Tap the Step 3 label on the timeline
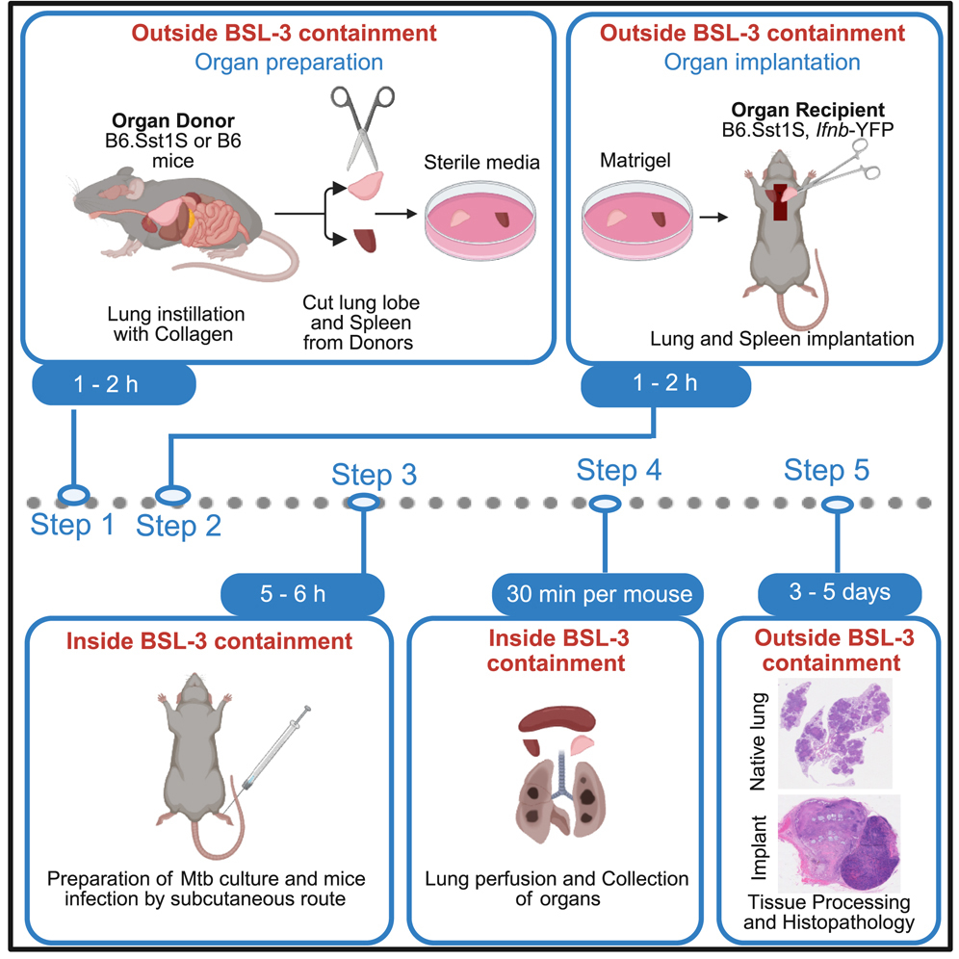(x=375, y=475)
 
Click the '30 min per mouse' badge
(x=599, y=592)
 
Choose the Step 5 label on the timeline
(x=826, y=471)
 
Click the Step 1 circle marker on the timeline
(x=74, y=496)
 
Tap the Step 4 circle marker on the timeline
(x=605, y=504)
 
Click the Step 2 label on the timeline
(x=178, y=526)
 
